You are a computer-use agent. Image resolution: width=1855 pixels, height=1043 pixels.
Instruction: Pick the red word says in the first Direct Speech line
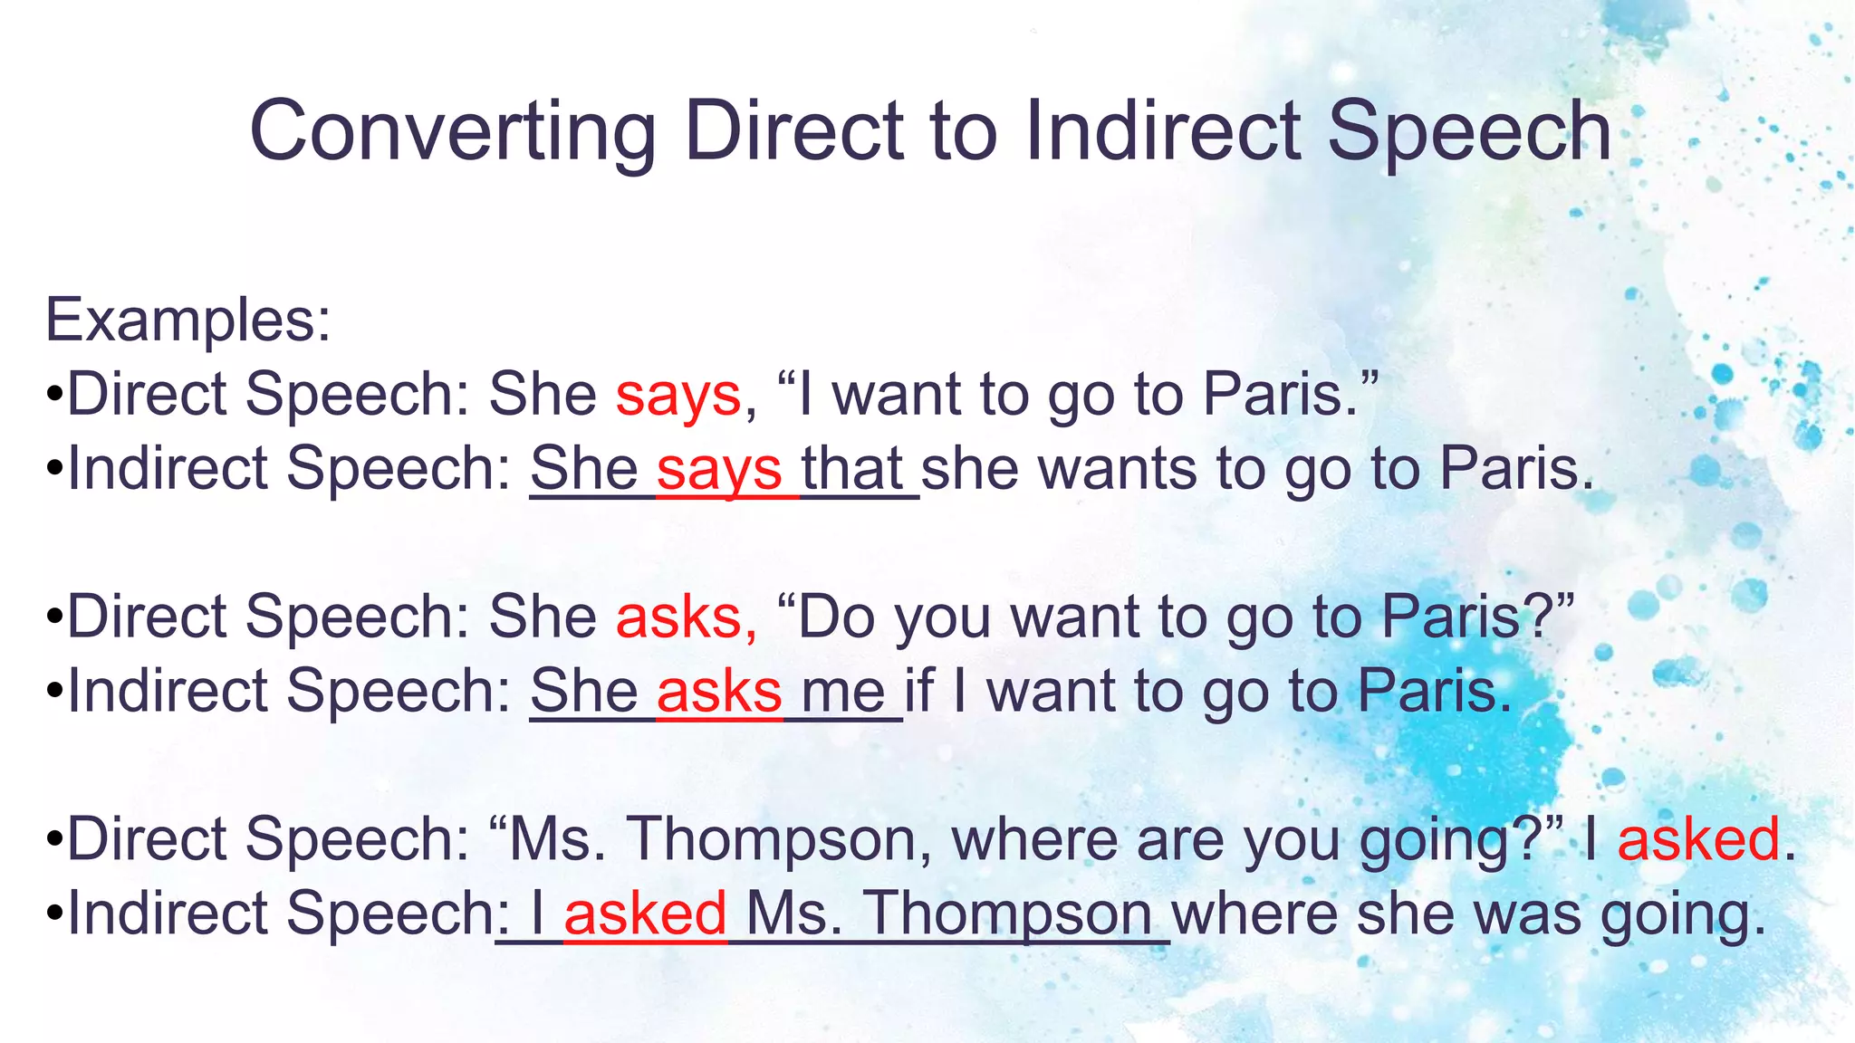678,396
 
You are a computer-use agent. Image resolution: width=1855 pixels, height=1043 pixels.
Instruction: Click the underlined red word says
719,470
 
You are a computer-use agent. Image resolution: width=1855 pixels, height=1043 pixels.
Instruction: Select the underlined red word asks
719,693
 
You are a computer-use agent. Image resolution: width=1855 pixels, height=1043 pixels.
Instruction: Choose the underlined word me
843,693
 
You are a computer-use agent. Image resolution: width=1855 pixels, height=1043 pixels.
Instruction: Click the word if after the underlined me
919,691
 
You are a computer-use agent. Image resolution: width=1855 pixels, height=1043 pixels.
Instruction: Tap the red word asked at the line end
1698,839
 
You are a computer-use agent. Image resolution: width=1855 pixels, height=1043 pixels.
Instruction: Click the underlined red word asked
645,914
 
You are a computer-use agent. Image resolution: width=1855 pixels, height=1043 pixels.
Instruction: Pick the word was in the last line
1531,914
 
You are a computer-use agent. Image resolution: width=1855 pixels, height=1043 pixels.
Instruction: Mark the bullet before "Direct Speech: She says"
54,397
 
